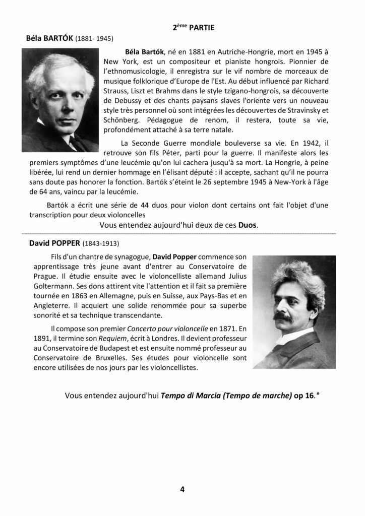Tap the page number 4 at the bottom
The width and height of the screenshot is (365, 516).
(182, 488)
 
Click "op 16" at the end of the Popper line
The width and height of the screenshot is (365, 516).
(304, 396)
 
